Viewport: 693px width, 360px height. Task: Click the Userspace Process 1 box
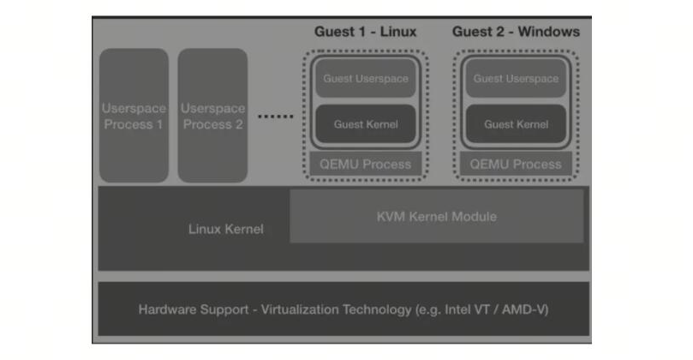[x=134, y=116]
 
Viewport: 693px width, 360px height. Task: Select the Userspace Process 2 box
[x=212, y=116]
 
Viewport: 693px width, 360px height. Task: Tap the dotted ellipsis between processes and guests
[x=276, y=117]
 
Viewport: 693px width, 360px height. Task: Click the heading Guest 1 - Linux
[x=366, y=32]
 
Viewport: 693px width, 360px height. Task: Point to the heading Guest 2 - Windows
[x=516, y=32]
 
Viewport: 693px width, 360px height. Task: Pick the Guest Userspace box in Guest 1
[x=366, y=78]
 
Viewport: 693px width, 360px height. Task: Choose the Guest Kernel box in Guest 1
[x=366, y=123]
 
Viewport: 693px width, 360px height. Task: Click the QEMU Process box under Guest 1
[x=366, y=164]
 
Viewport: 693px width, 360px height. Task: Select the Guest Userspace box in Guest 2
[x=517, y=78]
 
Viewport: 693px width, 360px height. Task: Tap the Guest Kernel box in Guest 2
[x=517, y=123]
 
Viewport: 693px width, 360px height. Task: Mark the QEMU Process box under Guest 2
[x=516, y=164]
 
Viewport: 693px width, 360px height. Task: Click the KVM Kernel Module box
[x=437, y=216]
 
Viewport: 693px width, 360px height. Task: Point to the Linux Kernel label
[x=226, y=229]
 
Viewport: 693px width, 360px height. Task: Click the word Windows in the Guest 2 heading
[x=549, y=32]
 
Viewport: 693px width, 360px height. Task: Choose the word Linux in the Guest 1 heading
[x=398, y=32]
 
